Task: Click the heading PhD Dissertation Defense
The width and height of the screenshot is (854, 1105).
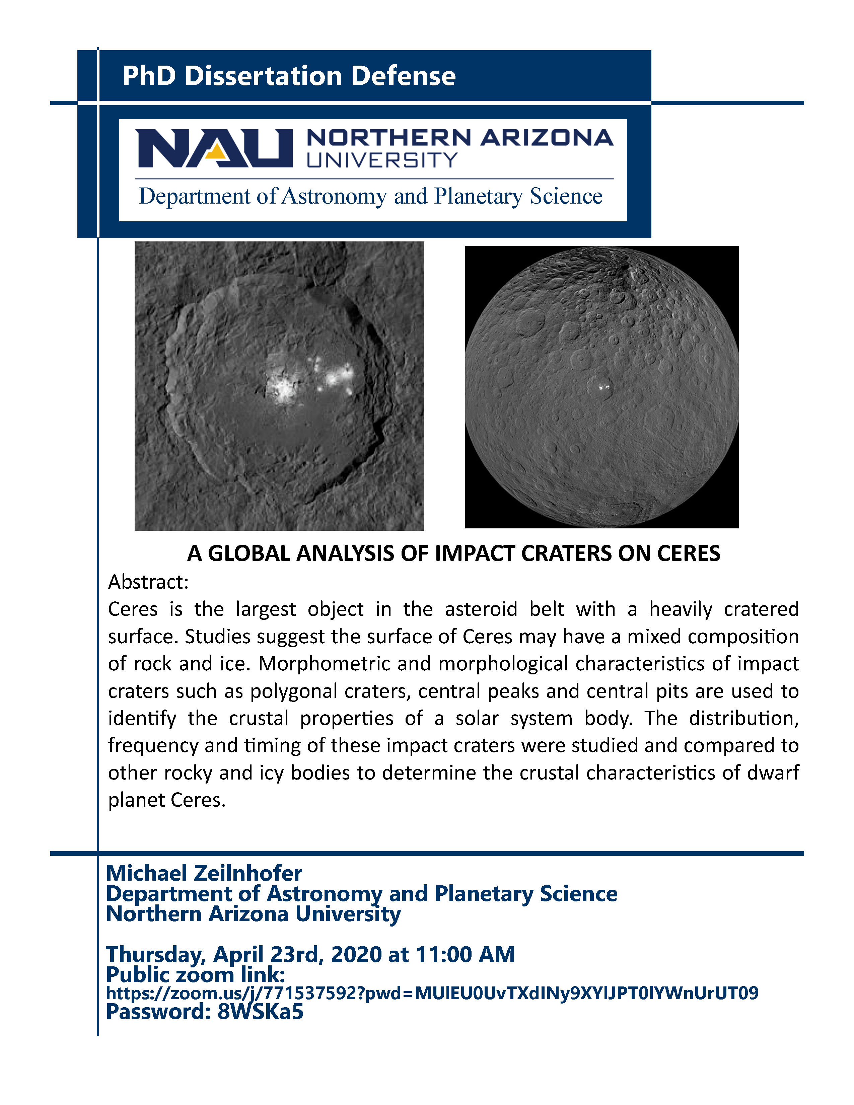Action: [289, 76]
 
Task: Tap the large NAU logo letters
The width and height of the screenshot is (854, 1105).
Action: [214, 148]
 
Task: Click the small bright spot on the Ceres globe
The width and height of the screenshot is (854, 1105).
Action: [602, 387]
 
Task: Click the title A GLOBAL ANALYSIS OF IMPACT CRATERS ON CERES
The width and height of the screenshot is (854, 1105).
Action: [453, 554]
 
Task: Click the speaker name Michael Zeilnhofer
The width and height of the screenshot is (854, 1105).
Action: [204, 873]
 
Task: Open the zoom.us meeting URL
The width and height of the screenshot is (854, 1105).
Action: [432, 993]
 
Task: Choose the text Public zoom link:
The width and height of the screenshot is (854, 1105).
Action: [195, 974]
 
